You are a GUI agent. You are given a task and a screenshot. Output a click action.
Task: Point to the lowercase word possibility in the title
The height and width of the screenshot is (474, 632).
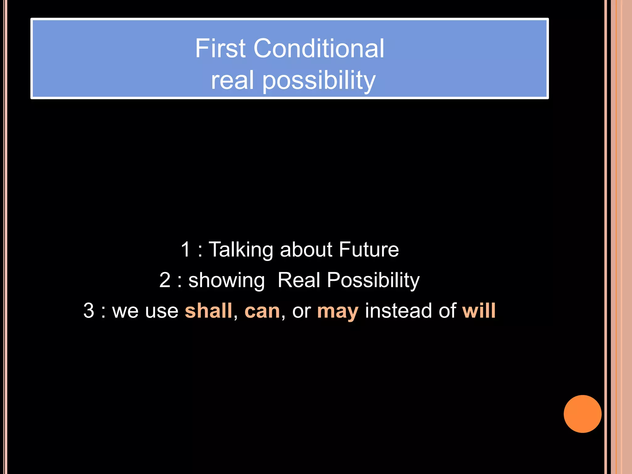click(319, 81)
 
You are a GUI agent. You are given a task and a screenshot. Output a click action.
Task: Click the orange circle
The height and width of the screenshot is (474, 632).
click(582, 414)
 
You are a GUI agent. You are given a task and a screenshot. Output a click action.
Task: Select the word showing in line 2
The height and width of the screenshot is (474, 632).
click(227, 281)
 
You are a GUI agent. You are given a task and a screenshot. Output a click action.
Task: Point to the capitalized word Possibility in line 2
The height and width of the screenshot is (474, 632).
click(373, 281)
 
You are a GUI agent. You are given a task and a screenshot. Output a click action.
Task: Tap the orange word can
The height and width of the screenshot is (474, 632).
click(262, 311)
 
